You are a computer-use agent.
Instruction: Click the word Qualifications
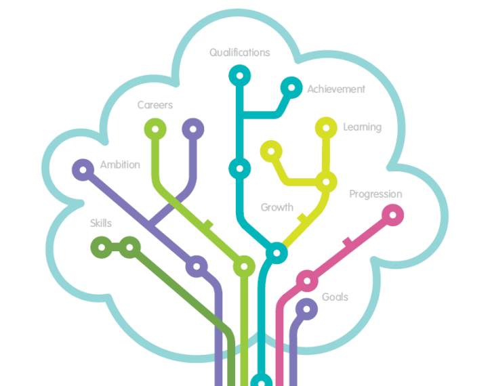(x=239, y=53)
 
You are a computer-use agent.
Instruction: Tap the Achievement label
(x=336, y=89)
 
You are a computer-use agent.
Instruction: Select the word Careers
(x=155, y=105)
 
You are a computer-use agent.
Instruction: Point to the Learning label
(x=362, y=127)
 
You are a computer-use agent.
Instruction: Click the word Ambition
(x=120, y=165)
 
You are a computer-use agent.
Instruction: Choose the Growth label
(x=277, y=207)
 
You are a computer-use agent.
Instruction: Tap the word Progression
(x=375, y=194)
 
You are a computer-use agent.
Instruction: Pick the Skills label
(x=101, y=223)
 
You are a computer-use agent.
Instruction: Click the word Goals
(x=335, y=297)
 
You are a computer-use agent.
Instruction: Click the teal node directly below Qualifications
(x=239, y=75)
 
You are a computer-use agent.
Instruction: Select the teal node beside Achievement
(x=291, y=87)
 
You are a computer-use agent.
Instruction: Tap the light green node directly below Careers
(x=155, y=128)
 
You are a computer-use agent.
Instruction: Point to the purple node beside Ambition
(x=83, y=169)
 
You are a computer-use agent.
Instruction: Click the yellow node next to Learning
(x=326, y=127)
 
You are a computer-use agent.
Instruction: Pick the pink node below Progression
(x=392, y=215)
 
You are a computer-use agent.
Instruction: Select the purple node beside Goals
(x=306, y=309)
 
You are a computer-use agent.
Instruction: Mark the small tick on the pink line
(x=347, y=242)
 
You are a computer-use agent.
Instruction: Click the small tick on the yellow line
(x=301, y=217)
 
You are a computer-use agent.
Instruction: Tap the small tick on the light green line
(x=208, y=224)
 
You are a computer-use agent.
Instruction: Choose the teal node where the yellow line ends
(x=276, y=253)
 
